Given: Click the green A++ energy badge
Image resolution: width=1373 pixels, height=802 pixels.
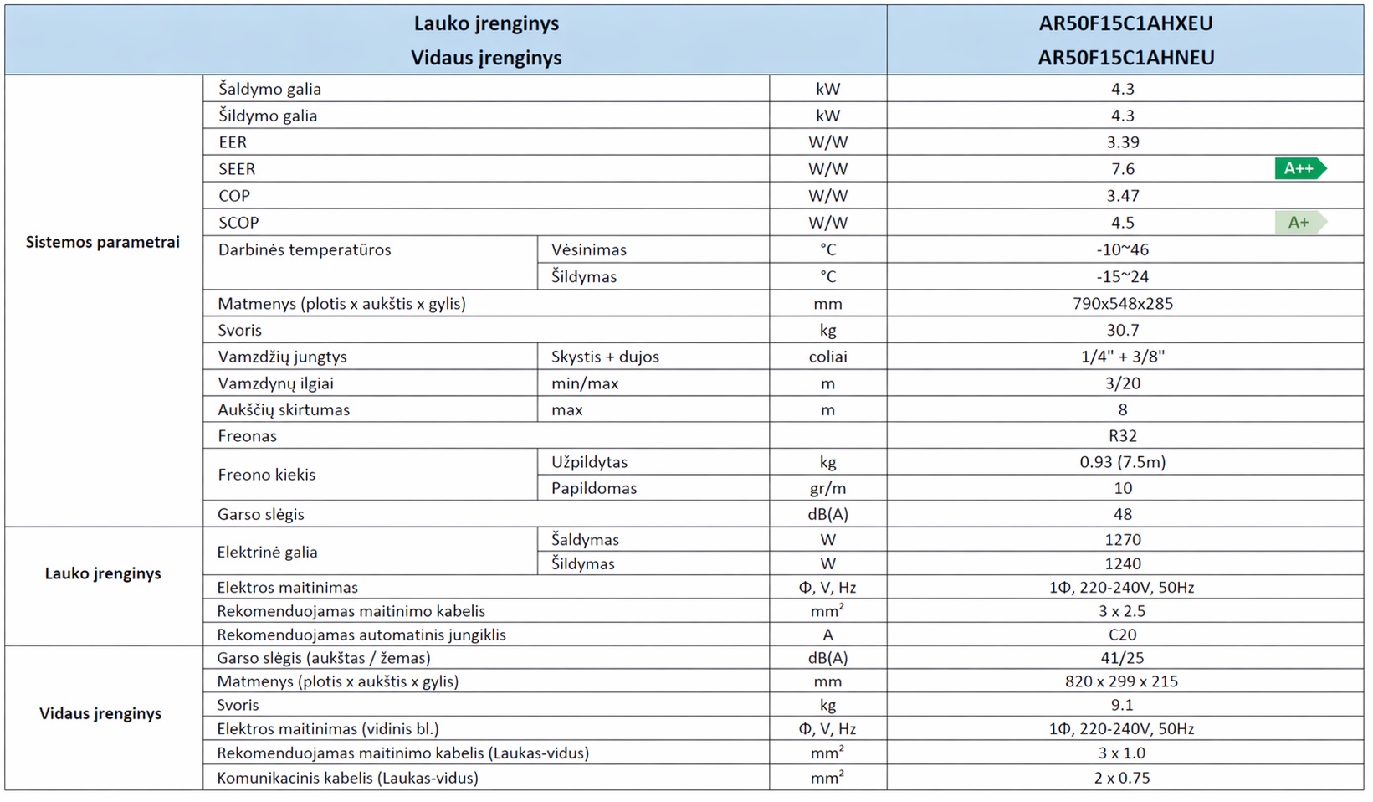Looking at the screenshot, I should pyautogui.click(x=1299, y=168).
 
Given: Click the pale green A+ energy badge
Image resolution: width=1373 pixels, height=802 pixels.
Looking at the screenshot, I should pyautogui.click(x=1299, y=222).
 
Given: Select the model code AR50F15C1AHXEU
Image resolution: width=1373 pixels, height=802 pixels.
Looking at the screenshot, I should pyautogui.click(x=1125, y=23).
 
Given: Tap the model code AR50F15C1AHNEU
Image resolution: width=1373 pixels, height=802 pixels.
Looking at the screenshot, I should pyautogui.click(x=1125, y=58).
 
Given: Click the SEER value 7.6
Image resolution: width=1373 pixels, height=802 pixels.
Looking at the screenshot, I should pyautogui.click(x=1123, y=168).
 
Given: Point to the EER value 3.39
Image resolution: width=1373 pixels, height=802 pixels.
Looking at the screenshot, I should pyautogui.click(x=1123, y=141).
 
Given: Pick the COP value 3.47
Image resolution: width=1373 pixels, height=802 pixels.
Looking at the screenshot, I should pyautogui.click(x=1123, y=195).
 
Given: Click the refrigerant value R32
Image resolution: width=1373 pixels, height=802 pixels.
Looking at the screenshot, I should pyautogui.click(x=1123, y=435).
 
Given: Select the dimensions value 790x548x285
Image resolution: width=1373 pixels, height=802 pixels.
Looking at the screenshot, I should pyautogui.click(x=1123, y=303).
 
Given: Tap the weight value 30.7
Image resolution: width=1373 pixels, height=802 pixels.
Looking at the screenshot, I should pyautogui.click(x=1123, y=330).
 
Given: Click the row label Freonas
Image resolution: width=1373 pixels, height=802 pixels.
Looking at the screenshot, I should pyautogui.click(x=247, y=435).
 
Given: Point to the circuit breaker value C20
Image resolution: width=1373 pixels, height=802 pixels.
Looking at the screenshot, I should pyautogui.click(x=1123, y=635).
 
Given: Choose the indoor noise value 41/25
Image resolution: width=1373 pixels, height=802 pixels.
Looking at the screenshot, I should pyautogui.click(x=1123, y=658).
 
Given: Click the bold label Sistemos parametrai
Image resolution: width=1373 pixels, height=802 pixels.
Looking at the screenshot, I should pyautogui.click(x=103, y=242).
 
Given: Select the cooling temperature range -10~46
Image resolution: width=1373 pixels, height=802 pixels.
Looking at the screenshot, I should pyautogui.click(x=1123, y=249).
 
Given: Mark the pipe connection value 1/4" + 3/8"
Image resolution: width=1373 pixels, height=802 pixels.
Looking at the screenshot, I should pyautogui.click(x=1123, y=357).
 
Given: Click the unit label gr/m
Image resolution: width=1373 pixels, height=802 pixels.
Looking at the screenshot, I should pyautogui.click(x=827, y=488).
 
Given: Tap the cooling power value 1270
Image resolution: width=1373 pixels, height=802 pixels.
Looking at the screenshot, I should pyautogui.click(x=1123, y=540).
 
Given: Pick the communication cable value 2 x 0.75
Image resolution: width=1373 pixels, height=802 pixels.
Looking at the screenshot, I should pyautogui.click(x=1122, y=778).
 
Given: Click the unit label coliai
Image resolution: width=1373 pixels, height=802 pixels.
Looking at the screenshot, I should pyautogui.click(x=827, y=357).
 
